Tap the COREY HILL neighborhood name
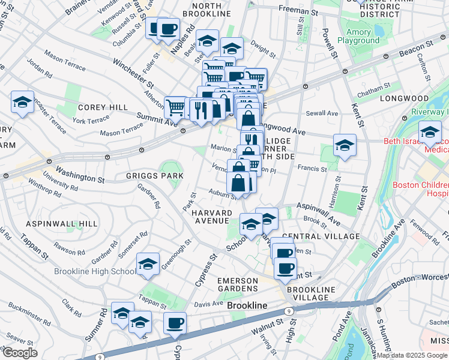point(102,107)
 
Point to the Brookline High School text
point(95,271)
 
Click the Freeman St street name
point(298,10)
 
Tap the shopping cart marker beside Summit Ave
point(175,107)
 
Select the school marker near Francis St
point(345,145)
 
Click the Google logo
point(19,353)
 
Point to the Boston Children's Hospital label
point(420,190)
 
